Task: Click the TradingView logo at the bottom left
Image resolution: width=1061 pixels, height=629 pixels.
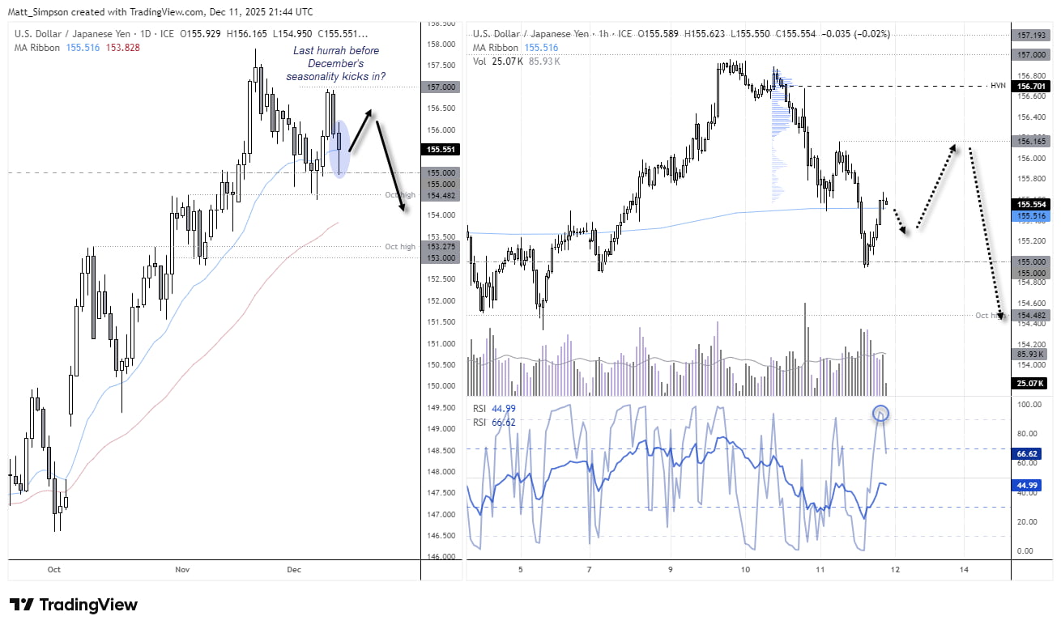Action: click(73, 605)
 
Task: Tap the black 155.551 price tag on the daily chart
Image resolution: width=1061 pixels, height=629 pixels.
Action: click(441, 149)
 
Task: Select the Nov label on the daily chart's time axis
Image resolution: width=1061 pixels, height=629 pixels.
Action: click(182, 569)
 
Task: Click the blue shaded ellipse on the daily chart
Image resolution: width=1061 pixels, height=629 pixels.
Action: click(341, 149)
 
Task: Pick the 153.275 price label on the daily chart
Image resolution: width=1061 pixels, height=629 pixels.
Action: click(441, 246)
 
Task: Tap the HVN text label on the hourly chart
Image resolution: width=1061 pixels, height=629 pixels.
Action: click(998, 85)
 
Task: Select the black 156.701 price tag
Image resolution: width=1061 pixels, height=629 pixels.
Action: click(1030, 85)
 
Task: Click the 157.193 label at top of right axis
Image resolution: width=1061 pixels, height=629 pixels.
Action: click(1030, 35)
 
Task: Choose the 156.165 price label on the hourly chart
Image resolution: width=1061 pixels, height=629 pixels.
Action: click(1030, 141)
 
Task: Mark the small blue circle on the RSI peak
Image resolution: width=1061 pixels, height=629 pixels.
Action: click(881, 414)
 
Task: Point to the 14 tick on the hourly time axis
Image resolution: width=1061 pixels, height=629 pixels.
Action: click(964, 569)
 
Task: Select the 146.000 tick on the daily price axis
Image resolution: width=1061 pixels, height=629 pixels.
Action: click(441, 557)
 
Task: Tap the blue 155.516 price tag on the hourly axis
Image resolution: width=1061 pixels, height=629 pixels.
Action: click(1030, 216)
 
